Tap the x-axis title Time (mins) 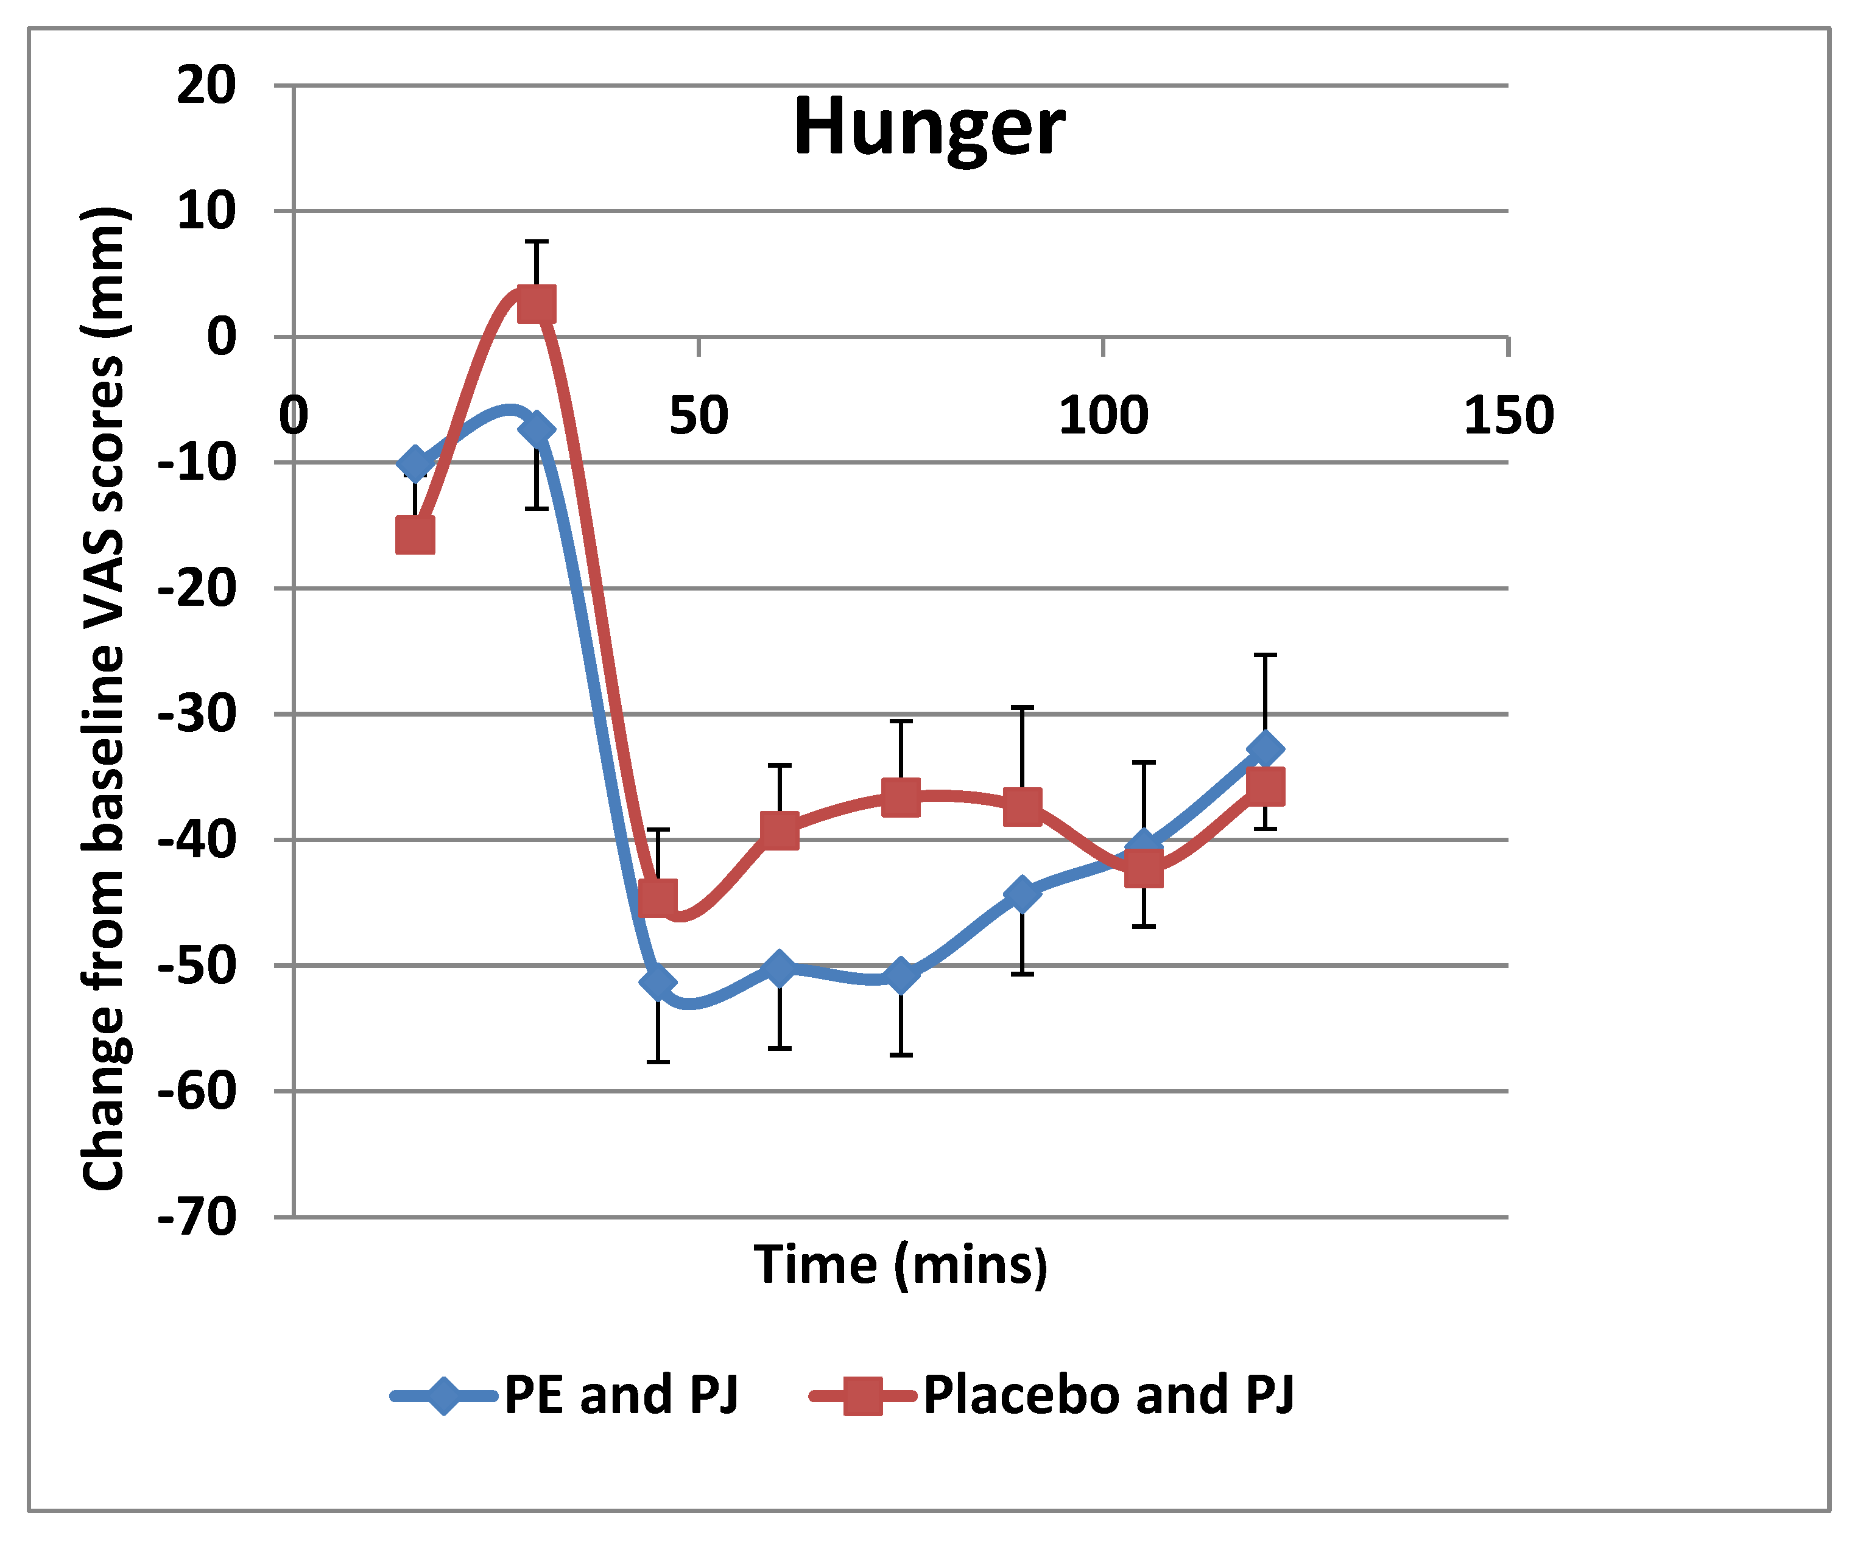[x=900, y=1265]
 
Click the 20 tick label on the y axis [x=206, y=86]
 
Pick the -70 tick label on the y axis [x=197, y=1217]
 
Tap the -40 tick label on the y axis [x=197, y=840]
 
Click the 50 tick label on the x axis [x=699, y=416]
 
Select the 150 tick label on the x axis [x=1508, y=416]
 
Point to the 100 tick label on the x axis [x=1103, y=416]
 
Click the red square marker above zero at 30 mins [x=536, y=304]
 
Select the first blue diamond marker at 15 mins [x=415, y=463]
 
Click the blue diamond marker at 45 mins [x=658, y=983]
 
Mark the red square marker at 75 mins [x=901, y=797]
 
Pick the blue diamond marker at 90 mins [x=1023, y=894]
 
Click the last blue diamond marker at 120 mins [x=1266, y=749]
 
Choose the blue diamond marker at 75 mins [x=901, y=975]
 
